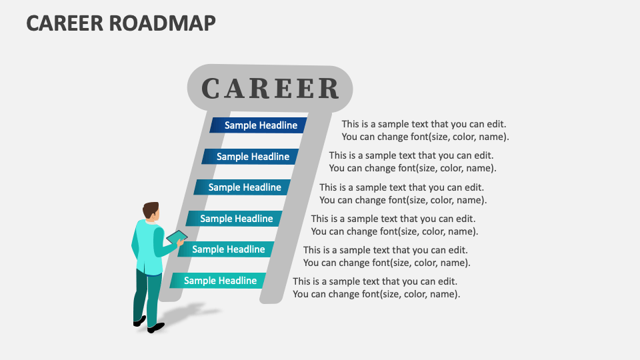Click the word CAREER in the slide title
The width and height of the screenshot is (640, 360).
click(64, 22)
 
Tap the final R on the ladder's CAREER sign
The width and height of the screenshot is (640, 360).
click(328, 89)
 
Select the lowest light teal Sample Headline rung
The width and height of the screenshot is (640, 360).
click(219, 281)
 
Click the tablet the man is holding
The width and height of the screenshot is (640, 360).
click(177, 237)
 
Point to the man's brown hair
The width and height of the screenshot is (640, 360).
click(151, 209)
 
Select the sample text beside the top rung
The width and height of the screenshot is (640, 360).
click(425, 131)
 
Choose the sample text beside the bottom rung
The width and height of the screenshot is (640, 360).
click(376, 287)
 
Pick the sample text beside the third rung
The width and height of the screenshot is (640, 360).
click(403, 193)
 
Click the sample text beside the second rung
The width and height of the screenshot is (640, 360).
click(412, 162)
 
